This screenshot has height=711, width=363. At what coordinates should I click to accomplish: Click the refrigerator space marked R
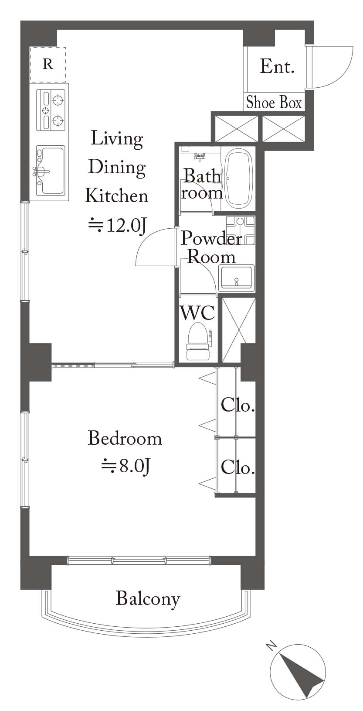48,65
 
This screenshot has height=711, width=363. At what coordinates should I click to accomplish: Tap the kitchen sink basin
51,171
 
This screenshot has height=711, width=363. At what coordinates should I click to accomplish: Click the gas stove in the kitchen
51,110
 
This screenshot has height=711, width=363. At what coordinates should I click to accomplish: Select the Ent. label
277,67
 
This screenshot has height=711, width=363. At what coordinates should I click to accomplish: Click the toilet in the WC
199,341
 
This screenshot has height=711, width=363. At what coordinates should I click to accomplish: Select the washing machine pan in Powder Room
241,230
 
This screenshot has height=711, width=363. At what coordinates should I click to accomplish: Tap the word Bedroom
125,439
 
